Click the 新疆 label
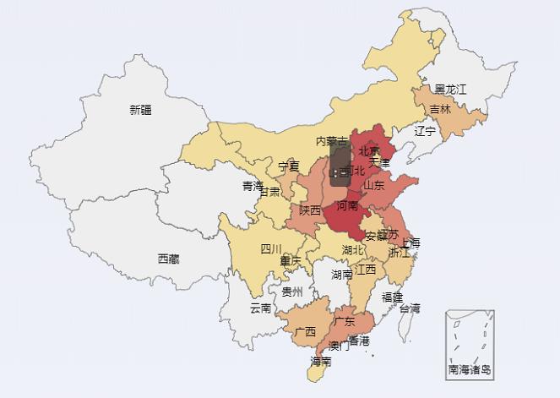pyautogui.click(x=141, y=110)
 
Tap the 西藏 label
pyautogui.click(x=168, y=259)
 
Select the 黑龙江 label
pyautogui.click(x=450, y=89)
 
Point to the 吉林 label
pyautogui.click(x=440, y=109)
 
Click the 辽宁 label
pyautogui.click(x=425, y=131)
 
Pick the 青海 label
pyautogui.click(x=253, y=186)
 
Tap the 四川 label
pyautogui.click(x=270, y=248)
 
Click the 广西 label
pyautogui.click(x=304, y=331)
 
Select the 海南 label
pyautogui.click(x=320, y=361)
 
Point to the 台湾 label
pyautogui.click(x=410, y=308)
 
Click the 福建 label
pyautogui.click(x=392, y=297)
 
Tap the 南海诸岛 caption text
pyautogui.click(x=470, y=369)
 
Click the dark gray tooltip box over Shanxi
pyautogui.click(x=341, y=164)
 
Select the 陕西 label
pyautogui.click(x=310, y=210)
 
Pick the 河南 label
pyautogui.click(x=347, y=205)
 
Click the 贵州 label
pyautogui.click(x=292, y=292)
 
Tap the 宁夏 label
pyautogui.click(x=289, y=166)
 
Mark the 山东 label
pyautogui.click(x=373, y=185)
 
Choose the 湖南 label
pyautogui.click(x=341, y=274)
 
